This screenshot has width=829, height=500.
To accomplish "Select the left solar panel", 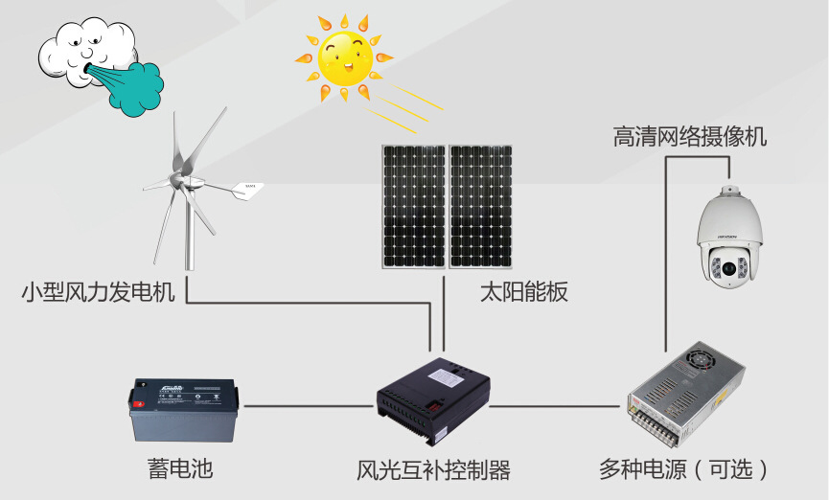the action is pos(413,206).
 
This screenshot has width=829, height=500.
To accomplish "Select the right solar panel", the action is pos(482,206).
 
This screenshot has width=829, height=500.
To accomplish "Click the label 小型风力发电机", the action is pos(99,292).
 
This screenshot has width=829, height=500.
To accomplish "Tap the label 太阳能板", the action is pos(524,292).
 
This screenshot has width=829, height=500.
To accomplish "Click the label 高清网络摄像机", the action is pos(690,137).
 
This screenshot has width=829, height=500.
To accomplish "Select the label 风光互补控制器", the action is pos(433,470).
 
